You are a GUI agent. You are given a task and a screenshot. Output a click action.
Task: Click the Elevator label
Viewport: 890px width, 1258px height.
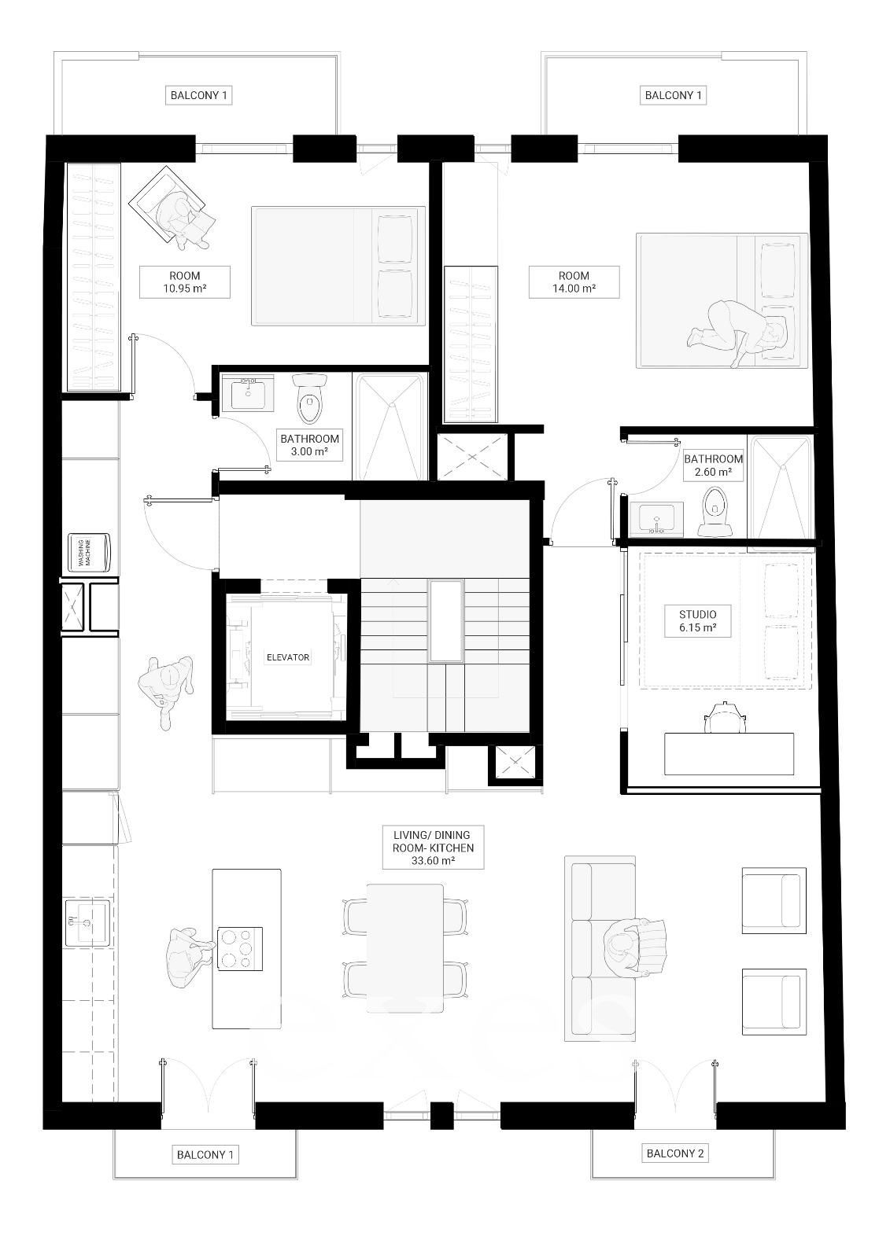(287, 657)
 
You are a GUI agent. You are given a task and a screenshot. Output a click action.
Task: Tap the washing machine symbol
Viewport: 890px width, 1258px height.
(90, 553)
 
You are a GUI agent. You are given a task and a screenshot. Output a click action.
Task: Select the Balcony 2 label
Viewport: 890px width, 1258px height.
(674, 1153)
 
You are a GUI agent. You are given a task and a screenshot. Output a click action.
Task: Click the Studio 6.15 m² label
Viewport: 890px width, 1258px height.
(697, 620)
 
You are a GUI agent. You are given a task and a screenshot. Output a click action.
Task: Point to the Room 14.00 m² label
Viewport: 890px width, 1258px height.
(574, 282)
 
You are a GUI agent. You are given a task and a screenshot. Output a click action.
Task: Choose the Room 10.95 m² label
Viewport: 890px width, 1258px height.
(184, 282)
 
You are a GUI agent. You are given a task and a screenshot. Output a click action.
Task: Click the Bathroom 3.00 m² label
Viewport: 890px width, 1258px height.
(310, 445)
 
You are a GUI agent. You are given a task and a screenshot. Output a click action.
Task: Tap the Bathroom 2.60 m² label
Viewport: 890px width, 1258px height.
(714, 465)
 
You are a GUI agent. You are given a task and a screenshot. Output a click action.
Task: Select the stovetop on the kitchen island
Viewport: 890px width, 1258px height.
(240, 948)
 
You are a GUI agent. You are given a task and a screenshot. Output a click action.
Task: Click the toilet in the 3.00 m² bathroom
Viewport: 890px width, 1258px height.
(309, 399)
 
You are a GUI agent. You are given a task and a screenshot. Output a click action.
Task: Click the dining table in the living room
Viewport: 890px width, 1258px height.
(404, 948)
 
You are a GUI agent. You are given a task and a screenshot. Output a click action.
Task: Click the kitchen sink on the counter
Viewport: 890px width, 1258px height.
(88, 923)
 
